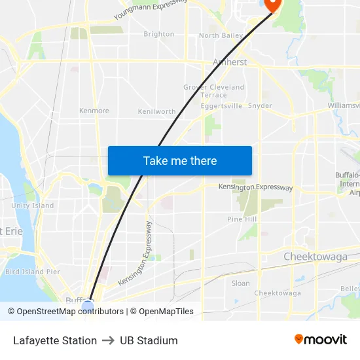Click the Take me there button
pyautogui.click(x=180, y=160)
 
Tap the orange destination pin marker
pyautogui.click(x=270, y=4)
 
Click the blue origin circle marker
pyautogui.click(x=88, y=305)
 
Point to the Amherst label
pyautogui.click(x=229, y=62)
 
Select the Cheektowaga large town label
pyautogui.click(x=315, y=257)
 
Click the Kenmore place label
pyautogui.click(x=94, y=111)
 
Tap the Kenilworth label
pyautogui.click(x=156, y=111)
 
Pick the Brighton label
pyautogui.click(x=159, y=34)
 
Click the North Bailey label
pyautogui.click(x=221, y=35)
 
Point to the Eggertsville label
pyautogui.click(x=221, y=105)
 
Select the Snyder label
pyautogui.click(x=261, y=105)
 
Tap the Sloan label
pyautogui.click(x=241, y=283)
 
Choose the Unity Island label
pyautogui.click(x=33, y=206)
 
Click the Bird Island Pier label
pyautogui.click(x=33, y=272)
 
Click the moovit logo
pyautogui.click(x=321, y=339)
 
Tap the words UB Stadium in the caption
pyautogui.click(x=149, y=340)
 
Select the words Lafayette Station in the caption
pyautogui.click(x=55, y=340)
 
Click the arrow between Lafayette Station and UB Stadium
pyautogui.click(x=109, y=340)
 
